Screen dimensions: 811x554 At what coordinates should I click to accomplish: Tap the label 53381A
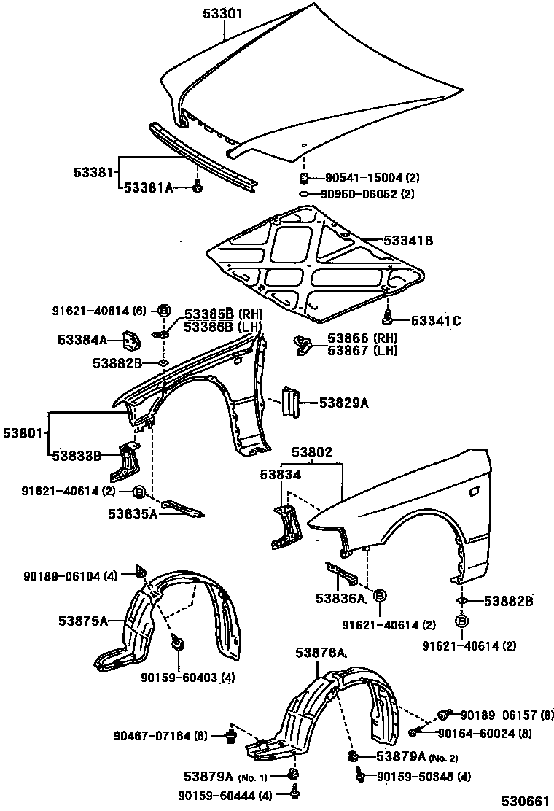(148, 187)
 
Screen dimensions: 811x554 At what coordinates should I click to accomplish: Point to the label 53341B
(408, 240)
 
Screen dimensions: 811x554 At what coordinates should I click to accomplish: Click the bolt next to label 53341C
(389, 316)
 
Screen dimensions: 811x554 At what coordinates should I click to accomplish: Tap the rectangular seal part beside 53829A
(292, 402)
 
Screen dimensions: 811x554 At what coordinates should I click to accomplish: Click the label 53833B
(76, 457)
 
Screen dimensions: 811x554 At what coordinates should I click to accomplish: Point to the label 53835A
(133, 513)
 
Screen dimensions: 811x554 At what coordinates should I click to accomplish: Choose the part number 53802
(313, 452)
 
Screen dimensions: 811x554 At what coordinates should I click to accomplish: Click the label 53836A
(340, 599)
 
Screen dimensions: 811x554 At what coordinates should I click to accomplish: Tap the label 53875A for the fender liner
(83, 621)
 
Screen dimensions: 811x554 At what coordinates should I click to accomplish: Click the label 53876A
(321, 653)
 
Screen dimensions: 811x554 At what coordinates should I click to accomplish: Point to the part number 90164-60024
(485, 732)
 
